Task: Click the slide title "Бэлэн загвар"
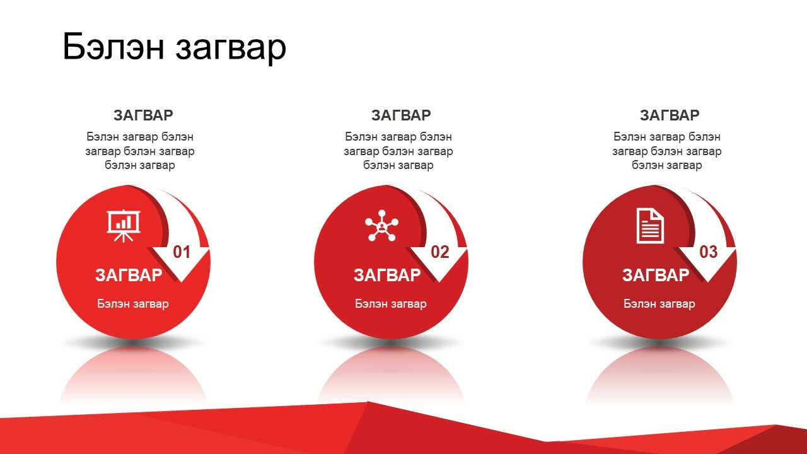(175, 47)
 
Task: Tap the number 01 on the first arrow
(182, 252)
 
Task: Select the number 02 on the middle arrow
(440, 252)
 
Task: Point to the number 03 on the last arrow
(708, 252)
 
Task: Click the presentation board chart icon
(124, 226)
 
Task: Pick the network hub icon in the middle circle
(382, 226)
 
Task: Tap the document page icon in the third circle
(650, 226)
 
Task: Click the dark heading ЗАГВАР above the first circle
(143, 115)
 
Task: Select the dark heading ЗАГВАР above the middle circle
(401, 115)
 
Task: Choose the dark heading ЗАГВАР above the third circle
(670, 115)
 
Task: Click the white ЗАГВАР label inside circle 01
(129, 276)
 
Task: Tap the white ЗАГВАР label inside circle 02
(387, 276)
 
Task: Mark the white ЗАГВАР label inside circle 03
(656, 276)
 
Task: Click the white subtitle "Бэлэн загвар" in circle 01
(133, 304)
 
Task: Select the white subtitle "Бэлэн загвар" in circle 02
(391, 304)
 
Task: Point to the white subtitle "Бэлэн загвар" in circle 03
(659, 304)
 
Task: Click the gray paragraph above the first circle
(140, 151)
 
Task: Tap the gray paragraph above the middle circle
(398, 151)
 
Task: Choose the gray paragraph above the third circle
(667, 151)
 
